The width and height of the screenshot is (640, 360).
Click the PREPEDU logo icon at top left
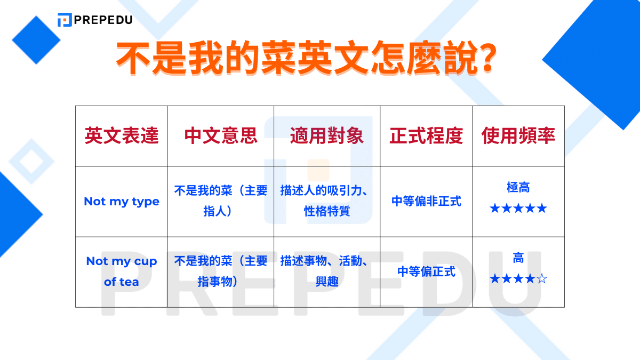65,20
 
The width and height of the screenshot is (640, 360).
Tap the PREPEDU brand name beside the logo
103,20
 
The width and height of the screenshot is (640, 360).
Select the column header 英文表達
122,136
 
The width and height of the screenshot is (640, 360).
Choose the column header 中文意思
221,136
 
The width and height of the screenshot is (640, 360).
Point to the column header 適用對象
327,136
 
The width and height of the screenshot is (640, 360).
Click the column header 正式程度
426,136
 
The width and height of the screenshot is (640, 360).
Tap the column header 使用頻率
518,136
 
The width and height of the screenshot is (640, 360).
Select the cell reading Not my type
122,202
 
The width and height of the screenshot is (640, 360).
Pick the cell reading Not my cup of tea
122,271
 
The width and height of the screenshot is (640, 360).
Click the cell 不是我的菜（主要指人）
221,201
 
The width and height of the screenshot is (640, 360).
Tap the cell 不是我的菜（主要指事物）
221,271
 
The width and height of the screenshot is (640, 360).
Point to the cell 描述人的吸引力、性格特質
327,201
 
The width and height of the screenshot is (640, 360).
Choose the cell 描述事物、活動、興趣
327,271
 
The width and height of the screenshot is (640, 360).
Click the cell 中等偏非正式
426,202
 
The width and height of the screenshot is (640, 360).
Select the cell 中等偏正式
426,271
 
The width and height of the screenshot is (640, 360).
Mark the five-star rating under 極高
518,208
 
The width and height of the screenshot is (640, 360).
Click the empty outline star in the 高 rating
542,279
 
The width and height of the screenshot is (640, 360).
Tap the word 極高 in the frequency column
518,188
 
